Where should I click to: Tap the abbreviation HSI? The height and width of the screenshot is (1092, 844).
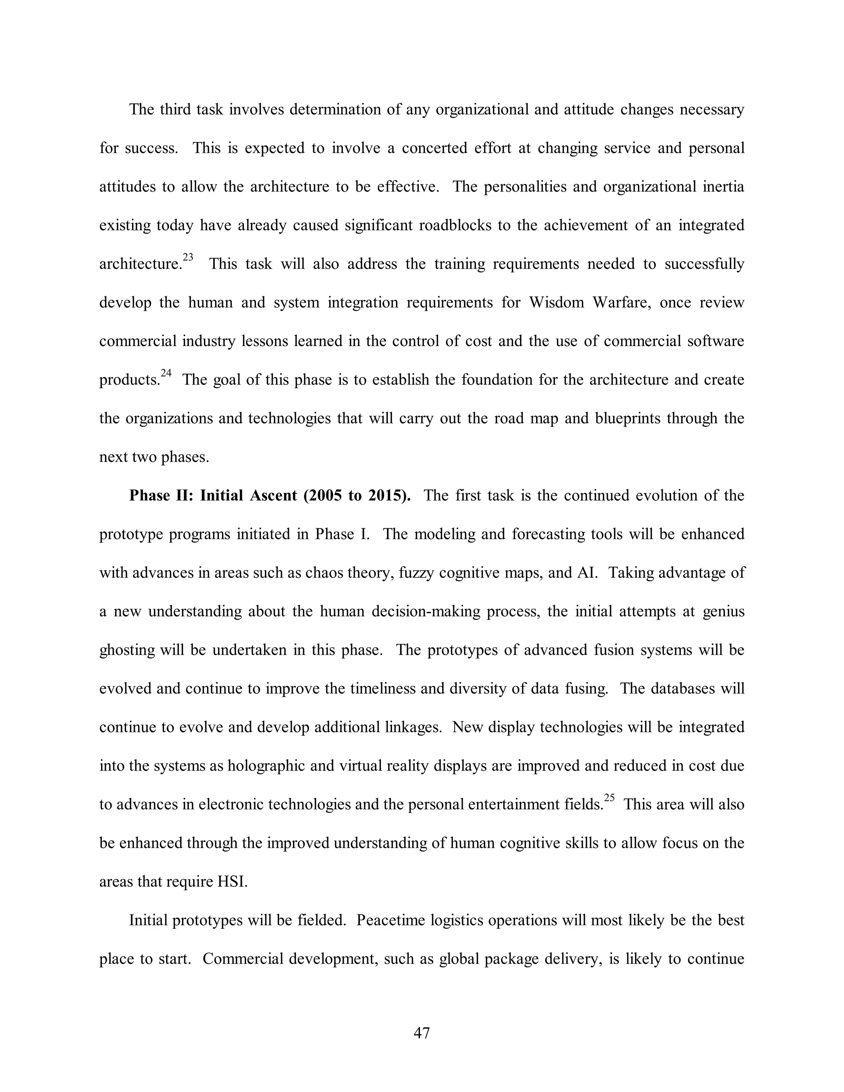point(232,881)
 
